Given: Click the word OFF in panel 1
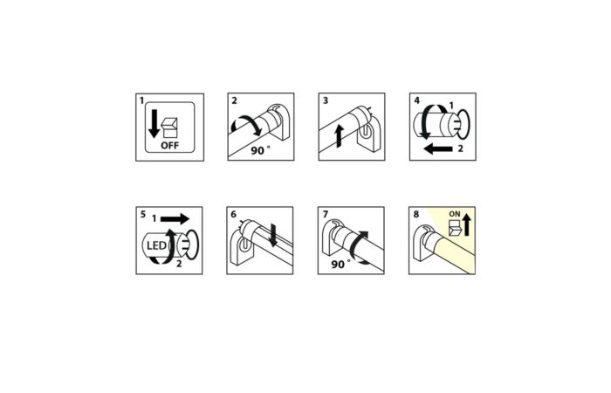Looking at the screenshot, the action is click(170, 146).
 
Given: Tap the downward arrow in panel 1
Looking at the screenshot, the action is click(154, 124).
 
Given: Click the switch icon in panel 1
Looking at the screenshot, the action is click(170, 128).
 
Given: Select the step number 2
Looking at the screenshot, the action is click(234, 101).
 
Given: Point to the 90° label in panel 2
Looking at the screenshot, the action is click(260, 150).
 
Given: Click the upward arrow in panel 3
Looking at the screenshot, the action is click(340, 135).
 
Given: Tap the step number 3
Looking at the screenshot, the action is click(326, 101).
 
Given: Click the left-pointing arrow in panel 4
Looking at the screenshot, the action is click(437, 148).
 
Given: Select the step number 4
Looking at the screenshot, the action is click(416, 101).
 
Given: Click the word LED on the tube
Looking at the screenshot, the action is click(156, 246).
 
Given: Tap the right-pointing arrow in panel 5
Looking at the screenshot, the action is click(175, 218).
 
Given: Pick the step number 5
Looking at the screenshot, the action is click(143, 215).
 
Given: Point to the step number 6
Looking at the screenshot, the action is click(233, 215).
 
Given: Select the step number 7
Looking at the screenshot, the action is click(326, 215).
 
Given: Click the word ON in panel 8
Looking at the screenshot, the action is click(455, 214).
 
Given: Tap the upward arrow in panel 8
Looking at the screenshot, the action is click(467, 225).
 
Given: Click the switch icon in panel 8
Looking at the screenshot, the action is click(455, 228).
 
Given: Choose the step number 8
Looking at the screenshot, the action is click(416, 215).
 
